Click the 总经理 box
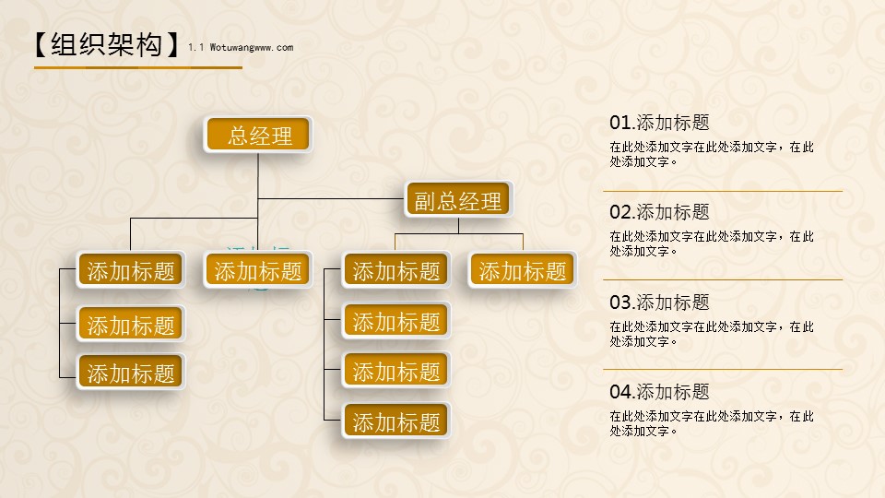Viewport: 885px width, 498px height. pos(257,135)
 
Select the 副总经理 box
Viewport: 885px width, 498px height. pos(458,199)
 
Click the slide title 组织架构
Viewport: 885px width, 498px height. pos(107,44)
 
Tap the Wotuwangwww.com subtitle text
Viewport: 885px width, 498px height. pos(252,47)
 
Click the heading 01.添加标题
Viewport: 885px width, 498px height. pos(659,123)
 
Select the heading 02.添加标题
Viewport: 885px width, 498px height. pos(659,212)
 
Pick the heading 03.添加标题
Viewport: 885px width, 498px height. pos(659,302)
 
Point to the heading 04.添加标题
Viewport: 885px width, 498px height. pos(659,392)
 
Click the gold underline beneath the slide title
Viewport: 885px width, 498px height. pos(138,67)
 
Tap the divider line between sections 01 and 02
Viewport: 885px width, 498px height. pos(723,192)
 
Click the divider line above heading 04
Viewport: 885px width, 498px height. pos(723,369)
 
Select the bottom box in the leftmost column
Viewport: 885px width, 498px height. pos(130,372)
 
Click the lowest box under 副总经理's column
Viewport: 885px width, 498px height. pos(395,421)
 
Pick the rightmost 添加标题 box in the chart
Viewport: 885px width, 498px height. pos(522,270)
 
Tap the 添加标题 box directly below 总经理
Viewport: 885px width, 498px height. pos(257,270)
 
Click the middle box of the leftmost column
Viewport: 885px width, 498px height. pos(130,324)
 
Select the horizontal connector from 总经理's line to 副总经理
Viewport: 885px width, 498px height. pos(332,199)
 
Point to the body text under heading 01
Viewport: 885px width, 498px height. pos(712,154)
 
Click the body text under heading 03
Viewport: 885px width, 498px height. pos(712,334)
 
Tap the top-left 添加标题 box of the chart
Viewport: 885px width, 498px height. pos(130,270)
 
